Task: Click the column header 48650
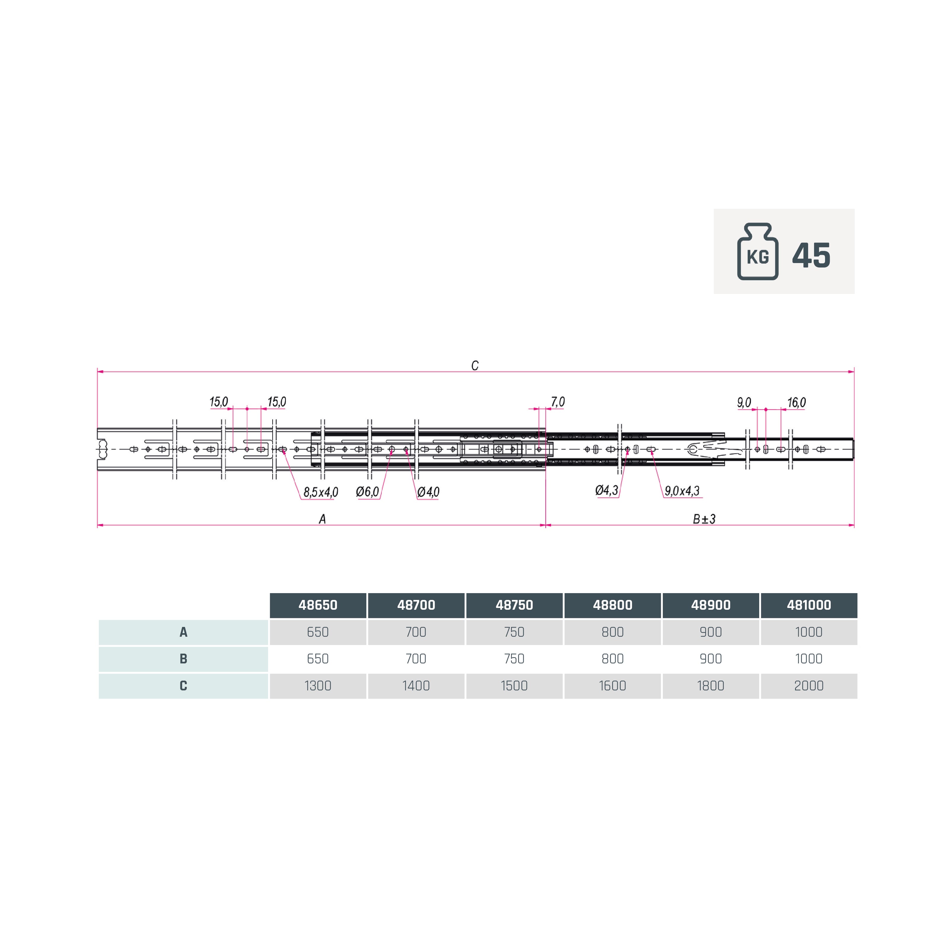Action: pyautogui.click(x=318, y=605)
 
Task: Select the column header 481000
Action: pyautogui.click(x=808, y=605)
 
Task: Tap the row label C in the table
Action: pyautogui.click(x=183, y=686)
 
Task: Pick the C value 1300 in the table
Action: pyautogui.click(x=318, y=686)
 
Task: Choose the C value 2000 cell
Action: pyautogui.click(x=808, y=686)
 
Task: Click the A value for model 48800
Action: pyautogui.click(x=612, y=632)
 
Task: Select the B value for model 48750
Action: pyautogui.click(x=514, y=659)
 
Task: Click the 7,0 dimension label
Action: pyautogui.click(x=558, y=402)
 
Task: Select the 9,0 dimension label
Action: pyautogui.click(x=744, y=403)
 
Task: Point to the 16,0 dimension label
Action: pyautogui.click(x=796, y=403)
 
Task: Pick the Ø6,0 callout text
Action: pyautogui.click(x=367, y=492)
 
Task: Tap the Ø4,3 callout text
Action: pyautogui.click(x=607, y=490)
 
